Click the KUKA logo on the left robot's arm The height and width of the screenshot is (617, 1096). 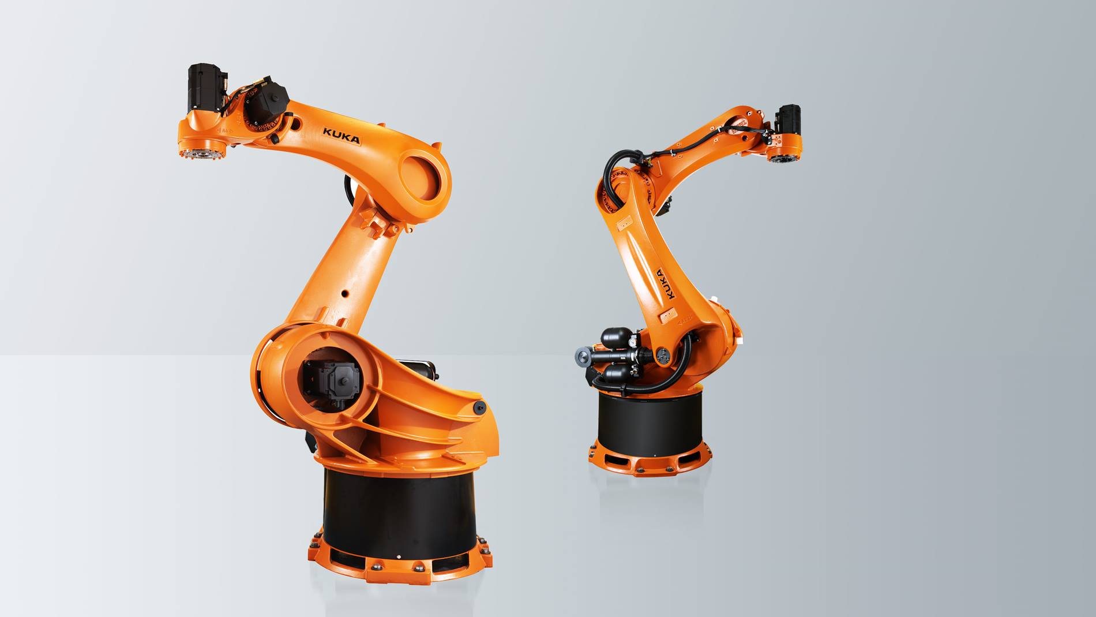(x=341, y=136)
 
